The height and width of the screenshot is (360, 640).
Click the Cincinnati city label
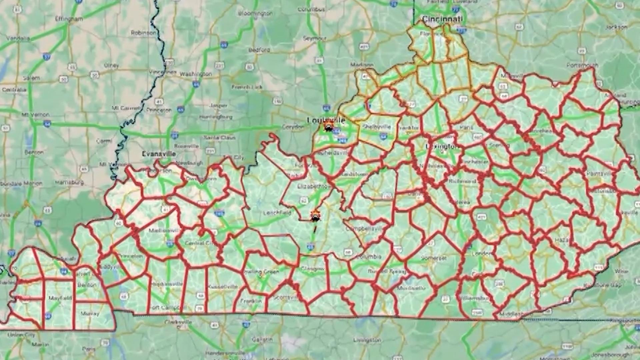point(442,19)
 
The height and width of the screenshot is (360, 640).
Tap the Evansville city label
point(159,154)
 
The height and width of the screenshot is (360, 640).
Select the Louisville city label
point(326,120)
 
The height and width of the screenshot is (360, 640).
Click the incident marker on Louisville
point(329,127)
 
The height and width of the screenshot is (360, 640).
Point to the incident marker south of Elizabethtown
point(315,217)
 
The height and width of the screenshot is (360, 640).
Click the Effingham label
point(69,19)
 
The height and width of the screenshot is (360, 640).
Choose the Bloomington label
point(255,13)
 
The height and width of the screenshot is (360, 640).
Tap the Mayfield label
point(60,298)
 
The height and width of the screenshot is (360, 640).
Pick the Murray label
point(90,314)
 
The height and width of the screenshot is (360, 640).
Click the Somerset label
point(433,258)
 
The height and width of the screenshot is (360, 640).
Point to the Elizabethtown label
point(314,186)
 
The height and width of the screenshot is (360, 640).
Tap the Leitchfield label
point(277,213)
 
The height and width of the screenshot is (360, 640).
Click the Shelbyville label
point(377,127)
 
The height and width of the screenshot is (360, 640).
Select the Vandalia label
point(18,38)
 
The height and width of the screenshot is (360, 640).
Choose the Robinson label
point(143,33)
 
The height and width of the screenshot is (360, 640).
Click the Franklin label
point(251,301)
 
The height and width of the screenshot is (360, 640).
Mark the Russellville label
point(223,287)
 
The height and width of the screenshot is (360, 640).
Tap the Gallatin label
point(262,339)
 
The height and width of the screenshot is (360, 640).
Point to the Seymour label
point(314,38)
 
